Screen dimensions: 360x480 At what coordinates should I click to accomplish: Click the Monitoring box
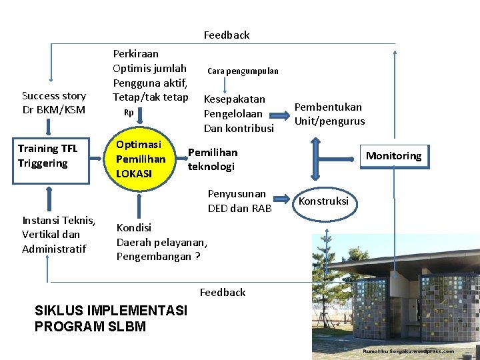(393, 156)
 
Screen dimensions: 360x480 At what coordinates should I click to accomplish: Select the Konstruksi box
(323, 201)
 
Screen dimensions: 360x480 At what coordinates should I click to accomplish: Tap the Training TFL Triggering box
(48, 156)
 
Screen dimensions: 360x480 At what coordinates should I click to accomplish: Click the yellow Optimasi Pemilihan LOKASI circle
(140, 159)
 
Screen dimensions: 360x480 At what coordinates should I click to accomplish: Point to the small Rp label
(129, 112)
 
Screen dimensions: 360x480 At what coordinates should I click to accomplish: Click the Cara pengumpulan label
(243, 71)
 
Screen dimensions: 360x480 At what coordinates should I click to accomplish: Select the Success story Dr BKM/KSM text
(54, 103)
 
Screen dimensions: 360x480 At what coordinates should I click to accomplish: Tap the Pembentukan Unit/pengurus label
(329, 114)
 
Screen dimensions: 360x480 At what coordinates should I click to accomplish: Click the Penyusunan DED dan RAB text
(239, 201)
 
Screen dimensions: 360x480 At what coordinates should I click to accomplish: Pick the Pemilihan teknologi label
(212, 159)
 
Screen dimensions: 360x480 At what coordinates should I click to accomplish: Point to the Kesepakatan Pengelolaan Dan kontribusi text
(239, 113)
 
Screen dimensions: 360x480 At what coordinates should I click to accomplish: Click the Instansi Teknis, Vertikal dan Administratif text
(59, 234)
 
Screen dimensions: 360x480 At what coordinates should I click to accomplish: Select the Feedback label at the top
(227, 35)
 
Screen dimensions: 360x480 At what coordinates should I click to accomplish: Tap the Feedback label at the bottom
(223, 292)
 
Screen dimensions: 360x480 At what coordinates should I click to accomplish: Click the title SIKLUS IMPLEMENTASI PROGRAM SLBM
(111, 318)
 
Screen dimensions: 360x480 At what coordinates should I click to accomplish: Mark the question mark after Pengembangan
(197, 257)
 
